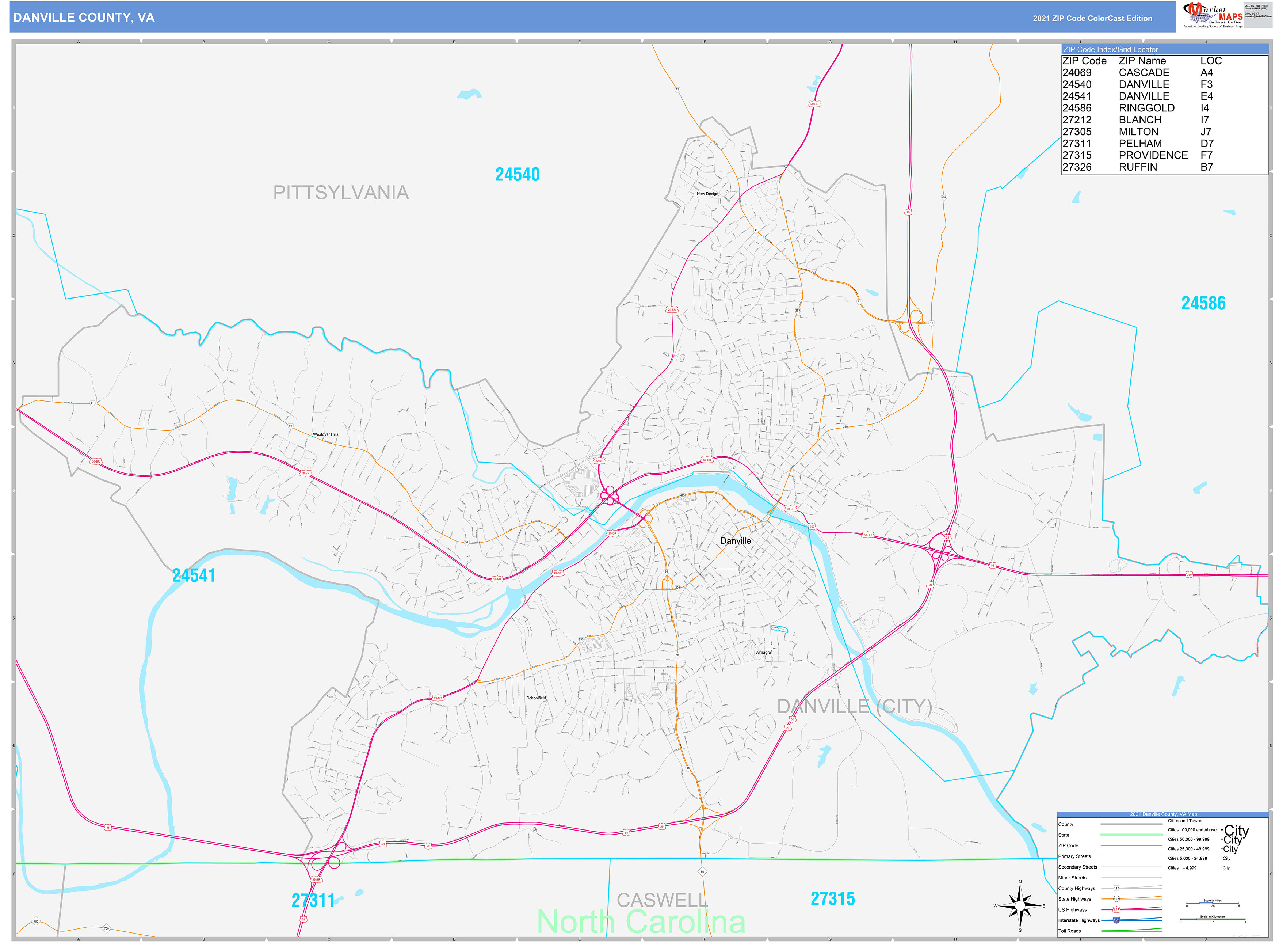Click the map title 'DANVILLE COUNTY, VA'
point(84,17)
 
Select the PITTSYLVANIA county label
point(340,193)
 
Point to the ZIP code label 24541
point(194,575)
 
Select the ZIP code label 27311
point(313,900)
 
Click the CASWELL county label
point(662,900)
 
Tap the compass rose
point(1019,906)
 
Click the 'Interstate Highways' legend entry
point(1078,920)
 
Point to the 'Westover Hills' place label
point(325,434)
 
